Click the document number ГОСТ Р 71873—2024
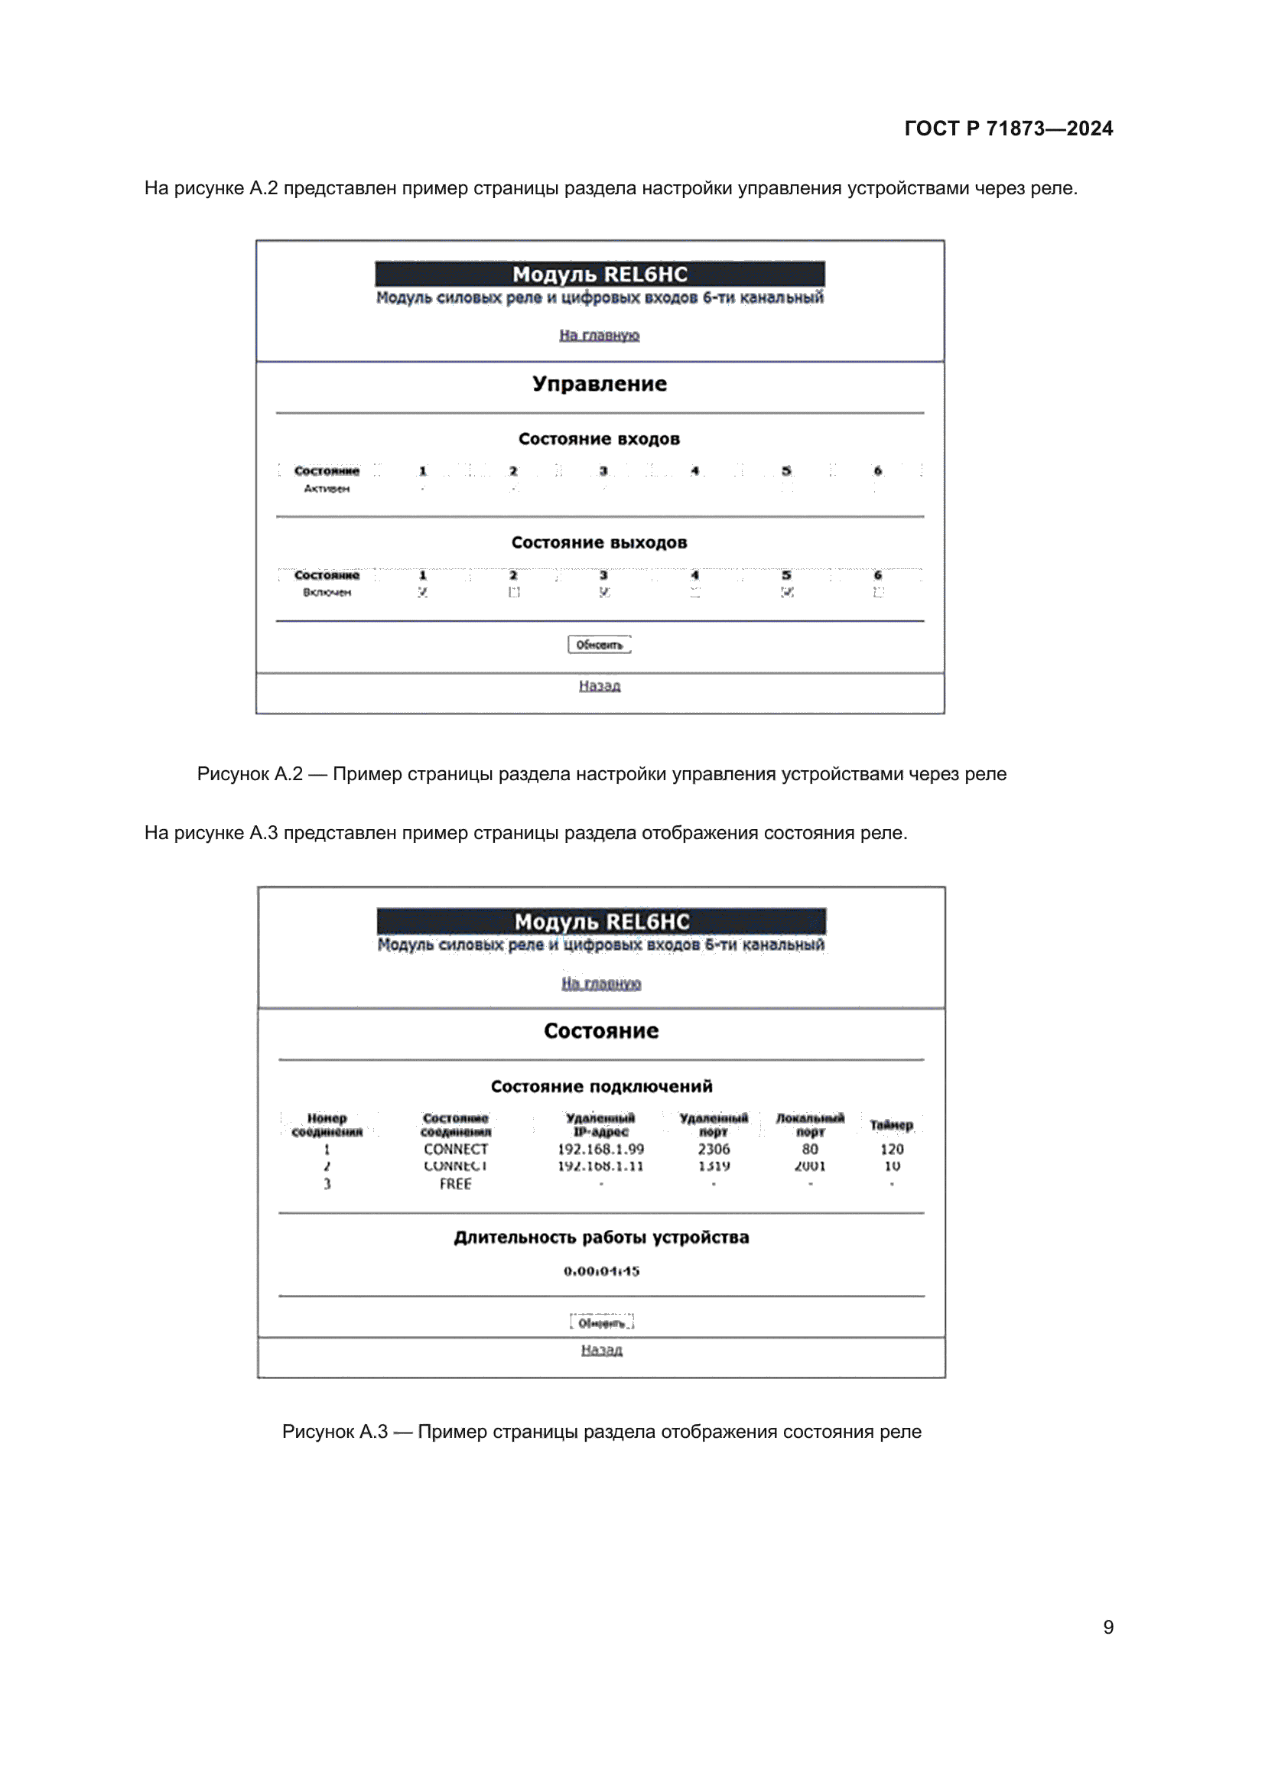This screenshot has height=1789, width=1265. pyautogui.click(x=1008, y=128)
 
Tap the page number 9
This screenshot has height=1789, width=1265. pyautogui.click(x=1107, y=1627)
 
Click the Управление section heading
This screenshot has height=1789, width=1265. pyautogui.click(x=599, y=384)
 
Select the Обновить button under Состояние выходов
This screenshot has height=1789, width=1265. pyautogui.click(x=599, y=644)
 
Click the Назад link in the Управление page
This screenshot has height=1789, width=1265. pyautogui.click(x=599, y=685)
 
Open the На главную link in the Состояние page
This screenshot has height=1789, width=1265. pyautogui.click(x=600, y=984)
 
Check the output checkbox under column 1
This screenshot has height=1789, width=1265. pyautogui.click(x=423, y=592)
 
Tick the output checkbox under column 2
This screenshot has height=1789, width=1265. pyautogui.click(x=514, y=592)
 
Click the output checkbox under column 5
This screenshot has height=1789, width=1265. pyautogui.click(x=788, y=592)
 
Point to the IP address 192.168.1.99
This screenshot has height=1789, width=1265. pyautogui.click(x=600, y=1150)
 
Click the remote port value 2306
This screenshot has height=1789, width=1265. pyautogui.click(x=714, y=1150)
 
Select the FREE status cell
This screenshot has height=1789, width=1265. pyautogui.click(x=456, y=1183)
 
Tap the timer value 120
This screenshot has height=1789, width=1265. pyautogui.click(x=892, y=1150)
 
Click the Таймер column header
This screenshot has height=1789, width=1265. pyautogui.click(x=891, y=1125)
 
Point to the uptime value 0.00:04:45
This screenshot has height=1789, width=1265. pyautogui.click(x=601, y=1271)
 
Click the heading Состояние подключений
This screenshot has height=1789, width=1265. pyautogui.click(x=601, y=1086)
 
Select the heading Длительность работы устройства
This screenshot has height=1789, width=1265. pyautogui.click(x=601, y=1238)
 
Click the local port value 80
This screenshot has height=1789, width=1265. pyautogui.click(x=810, y=1150)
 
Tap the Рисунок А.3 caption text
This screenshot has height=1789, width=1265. pyautogui.click(x=601, y=1431)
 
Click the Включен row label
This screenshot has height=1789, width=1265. pyautogui.click(x=327, y=592)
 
